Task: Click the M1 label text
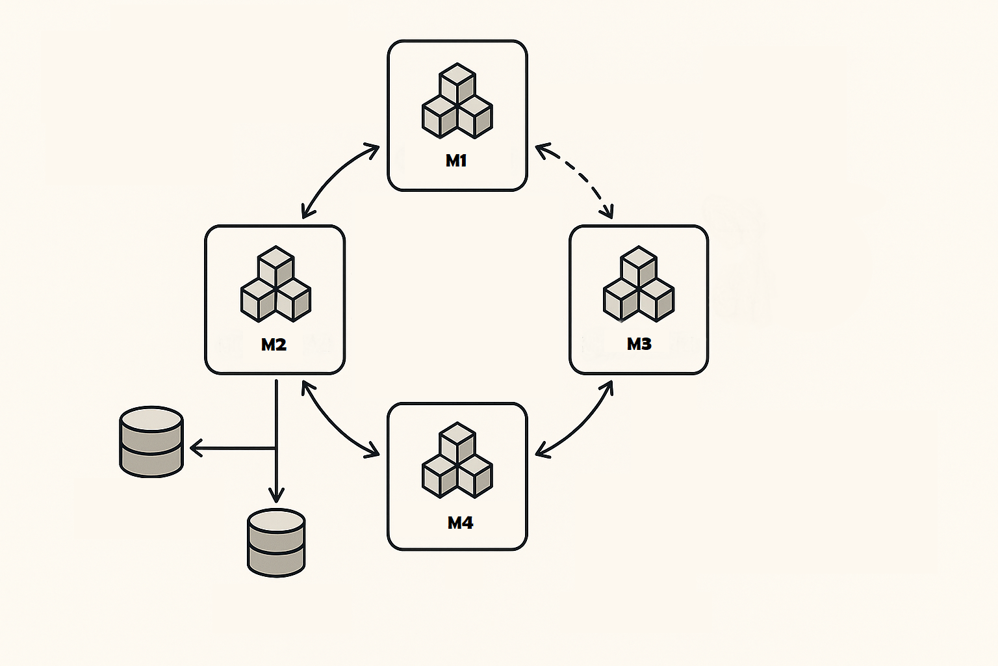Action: coord(456,161)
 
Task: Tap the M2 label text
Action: coord(274,345)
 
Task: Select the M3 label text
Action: coord(639,344)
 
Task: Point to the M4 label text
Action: coord(460,523)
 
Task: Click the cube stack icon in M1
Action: coord(457,101)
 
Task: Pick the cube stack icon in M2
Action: coord(275,284)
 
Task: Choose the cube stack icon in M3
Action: coord(639,284)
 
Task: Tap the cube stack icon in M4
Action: coord(457,460)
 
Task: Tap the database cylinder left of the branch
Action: coord(151,442)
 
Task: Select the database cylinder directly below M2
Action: coord(276,542)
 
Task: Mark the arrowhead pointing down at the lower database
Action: coord(276,497)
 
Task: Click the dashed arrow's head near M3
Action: coord(608,212)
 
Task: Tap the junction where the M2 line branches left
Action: coord(276,447)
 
